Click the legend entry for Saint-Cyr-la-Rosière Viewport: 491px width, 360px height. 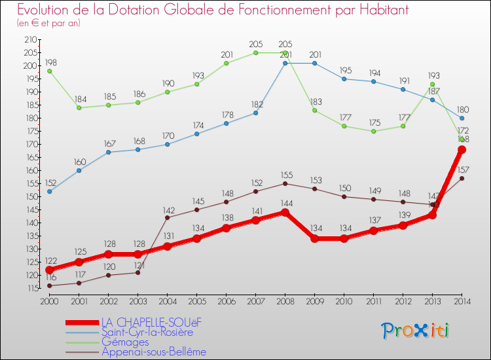(147, 332)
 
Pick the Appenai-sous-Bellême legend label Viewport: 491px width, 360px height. (154, 351)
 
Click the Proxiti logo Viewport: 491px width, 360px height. (416, 331)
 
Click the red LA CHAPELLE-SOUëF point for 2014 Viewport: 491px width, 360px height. (462, 150)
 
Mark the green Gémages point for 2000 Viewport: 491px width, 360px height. (49, 71)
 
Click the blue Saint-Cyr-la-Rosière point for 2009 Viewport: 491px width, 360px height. (315, 63)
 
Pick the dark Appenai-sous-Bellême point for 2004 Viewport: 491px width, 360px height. (167, 217)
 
